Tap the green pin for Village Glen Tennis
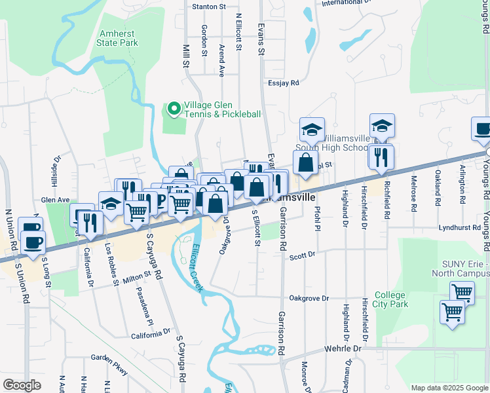pyautogui.click(x=174, y=109)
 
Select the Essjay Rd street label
pyautogui.click(x=283, y=83)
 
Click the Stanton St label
pyautogui.click(x=209, y=7)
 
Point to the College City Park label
pyautogui.click(x=390, y=299)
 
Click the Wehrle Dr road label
pyautogui.click(x=343, y=349)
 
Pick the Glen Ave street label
pyautogui.click(x=55, y=200)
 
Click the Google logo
pyautogui.click(x=22, y=385)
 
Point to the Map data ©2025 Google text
pyautogui.click(x=449, y=388)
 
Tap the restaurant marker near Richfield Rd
pyautogui.click(x=379, y=158)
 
